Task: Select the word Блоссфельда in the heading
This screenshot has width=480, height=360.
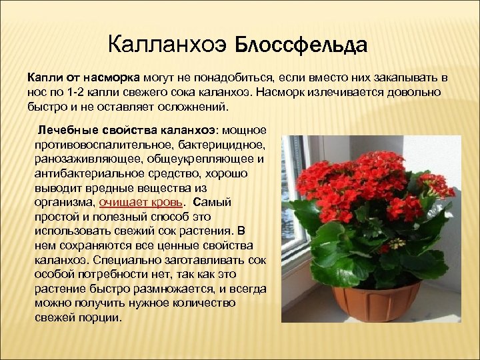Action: [303, 45]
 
